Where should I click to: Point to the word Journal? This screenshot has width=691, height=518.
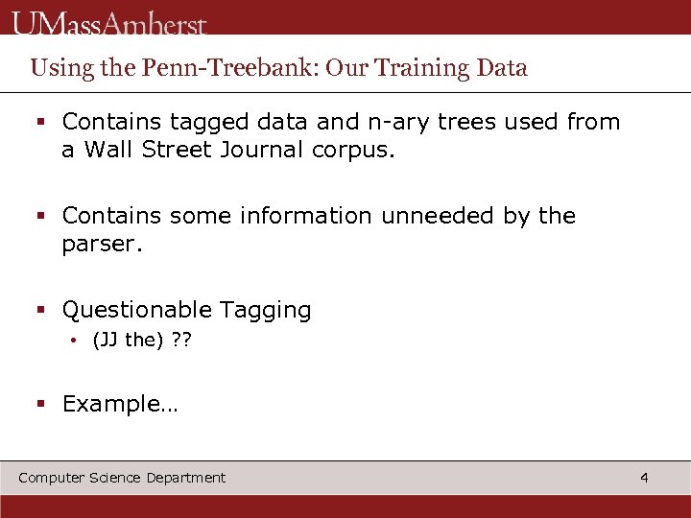click(263, 150)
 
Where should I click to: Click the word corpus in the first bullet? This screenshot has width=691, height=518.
click(352, 151)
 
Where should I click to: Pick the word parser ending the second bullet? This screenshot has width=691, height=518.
click(101, 245)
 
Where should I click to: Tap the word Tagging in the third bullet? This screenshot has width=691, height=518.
click(266, 311)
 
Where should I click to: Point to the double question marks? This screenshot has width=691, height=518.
click(181, 341)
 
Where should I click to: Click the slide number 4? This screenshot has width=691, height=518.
click(644, 477)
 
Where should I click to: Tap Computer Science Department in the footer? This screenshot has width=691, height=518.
click(122, 478)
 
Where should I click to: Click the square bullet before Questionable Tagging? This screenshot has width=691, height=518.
click(41, 310)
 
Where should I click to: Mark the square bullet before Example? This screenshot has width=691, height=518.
click(41, 404)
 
